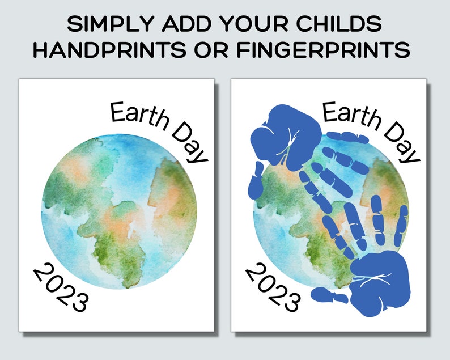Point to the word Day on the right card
pos(402,142)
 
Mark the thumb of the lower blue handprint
pos(329,295)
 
